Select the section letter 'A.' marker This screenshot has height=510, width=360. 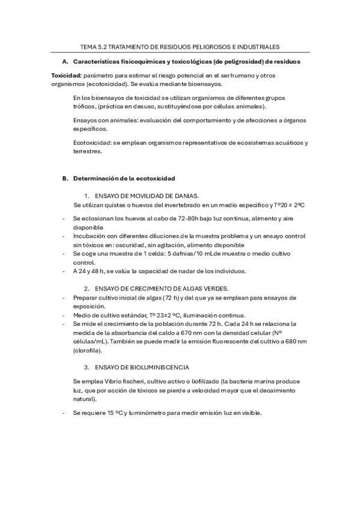pos(65,62)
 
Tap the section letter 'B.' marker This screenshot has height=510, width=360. pos(65,179)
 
